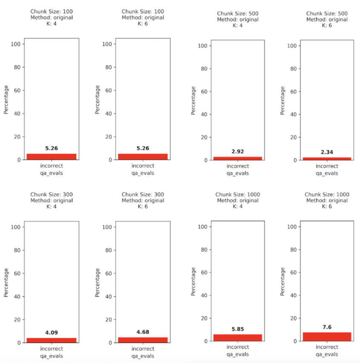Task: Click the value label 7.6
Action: pos(327,327)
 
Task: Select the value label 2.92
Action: pos(238,151)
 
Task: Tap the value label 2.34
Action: pos(327,152)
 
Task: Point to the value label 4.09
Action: pos(51,333)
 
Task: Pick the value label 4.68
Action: pos(143,332)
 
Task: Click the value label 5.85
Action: pos(238,329)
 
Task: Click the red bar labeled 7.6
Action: pos(327,337)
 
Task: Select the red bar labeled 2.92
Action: pos(238,158)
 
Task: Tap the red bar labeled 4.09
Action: pos(51,340)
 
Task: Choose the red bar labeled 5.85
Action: pos(238,337)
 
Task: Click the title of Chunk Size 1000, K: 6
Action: pos(327,200)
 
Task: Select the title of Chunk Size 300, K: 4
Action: pos(51,200)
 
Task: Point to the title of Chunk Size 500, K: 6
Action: pos(327,20)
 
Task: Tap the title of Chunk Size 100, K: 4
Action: pos(51,17)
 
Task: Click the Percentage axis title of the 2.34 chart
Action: pos(282,100)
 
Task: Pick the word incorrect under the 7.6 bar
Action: pos(327,347)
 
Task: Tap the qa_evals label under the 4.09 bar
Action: pos(51,356)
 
